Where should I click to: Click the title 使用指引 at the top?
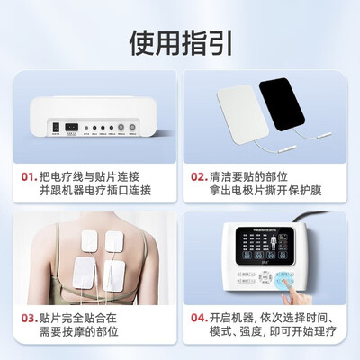(180, 41)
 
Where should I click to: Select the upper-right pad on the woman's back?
(113, 240)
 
